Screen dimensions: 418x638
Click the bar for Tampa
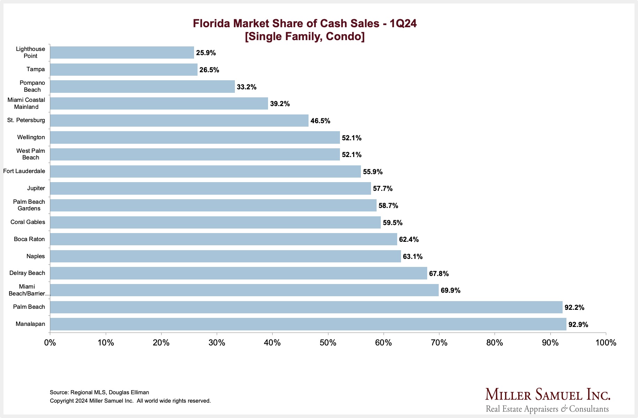coord(124,69)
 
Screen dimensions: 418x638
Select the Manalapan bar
coord(308,324)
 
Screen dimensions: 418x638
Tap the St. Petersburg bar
coord(179,120)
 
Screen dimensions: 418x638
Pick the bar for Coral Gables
coord(215,222)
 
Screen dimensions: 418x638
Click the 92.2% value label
coord(574,307)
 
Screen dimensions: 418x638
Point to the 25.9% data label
coord(206,53)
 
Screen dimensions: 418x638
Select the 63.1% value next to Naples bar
coord(413,256)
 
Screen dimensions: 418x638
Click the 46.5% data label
coord(320,121)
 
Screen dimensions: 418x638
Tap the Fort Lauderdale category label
coord(24,171)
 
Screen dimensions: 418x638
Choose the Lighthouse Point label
coord(30,52)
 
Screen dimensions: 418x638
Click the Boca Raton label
coord(29,239)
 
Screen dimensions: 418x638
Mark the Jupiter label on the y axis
coord(36,188)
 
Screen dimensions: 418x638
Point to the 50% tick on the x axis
coord(328,343)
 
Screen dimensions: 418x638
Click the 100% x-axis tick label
coord(606,343)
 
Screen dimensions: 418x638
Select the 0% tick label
coord(50,343)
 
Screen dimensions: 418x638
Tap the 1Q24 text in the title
coord(403,23)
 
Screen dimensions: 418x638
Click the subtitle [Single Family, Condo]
coord(304,36)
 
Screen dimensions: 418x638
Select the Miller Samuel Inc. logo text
coord(548,395)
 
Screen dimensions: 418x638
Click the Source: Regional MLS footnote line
coord(99,392)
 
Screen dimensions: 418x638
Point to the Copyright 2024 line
coord(130,401)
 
